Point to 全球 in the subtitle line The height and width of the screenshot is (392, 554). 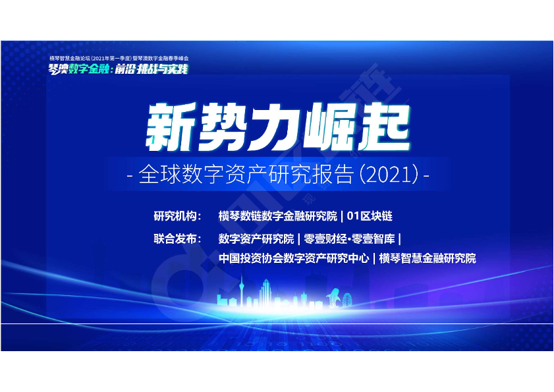[159, 174]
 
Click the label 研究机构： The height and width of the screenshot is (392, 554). [178, 216]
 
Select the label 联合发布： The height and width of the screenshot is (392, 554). [178, 239]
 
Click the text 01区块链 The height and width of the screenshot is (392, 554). [370, 216]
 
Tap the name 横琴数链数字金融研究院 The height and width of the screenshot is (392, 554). [278, 216]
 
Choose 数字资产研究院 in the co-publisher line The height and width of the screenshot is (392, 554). [256, 239]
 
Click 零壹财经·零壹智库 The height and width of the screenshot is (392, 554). [349, 239]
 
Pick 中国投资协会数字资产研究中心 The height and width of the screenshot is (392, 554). [294, 258]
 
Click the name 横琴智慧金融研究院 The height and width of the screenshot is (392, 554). [428, 258]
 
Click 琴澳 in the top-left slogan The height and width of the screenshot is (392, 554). [58, 69]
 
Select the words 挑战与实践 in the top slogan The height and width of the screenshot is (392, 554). [163, 69]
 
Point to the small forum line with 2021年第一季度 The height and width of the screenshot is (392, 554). [119, 59]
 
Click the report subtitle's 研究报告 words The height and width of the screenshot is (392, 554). [311, 174]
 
